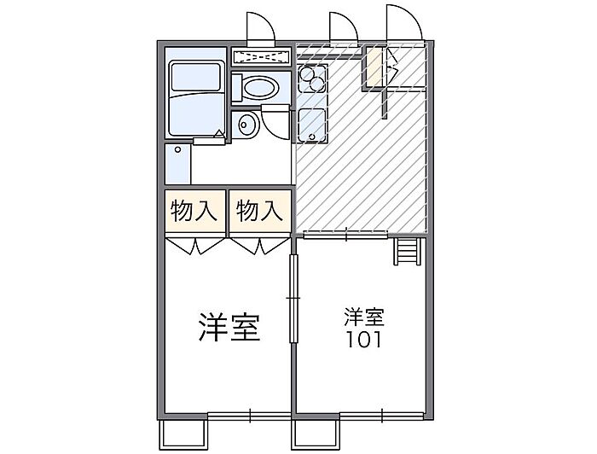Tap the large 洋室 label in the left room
pos(229,327)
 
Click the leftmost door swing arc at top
pos(260,26)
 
